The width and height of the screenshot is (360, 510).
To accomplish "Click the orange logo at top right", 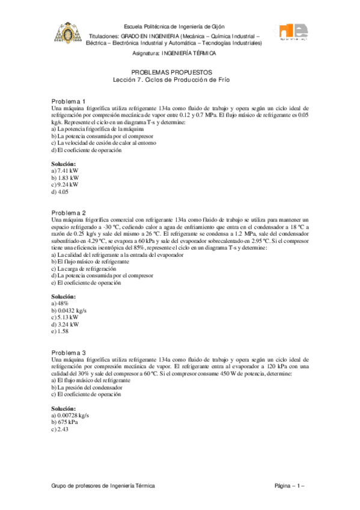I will (290, 35).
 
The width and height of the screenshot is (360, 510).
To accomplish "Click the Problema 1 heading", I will (69, 100).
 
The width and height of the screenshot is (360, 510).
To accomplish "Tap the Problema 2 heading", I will (69, 213).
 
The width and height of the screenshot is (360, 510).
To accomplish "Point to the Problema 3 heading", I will (69, 352).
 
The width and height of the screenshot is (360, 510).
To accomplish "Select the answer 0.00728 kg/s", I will (73, 416).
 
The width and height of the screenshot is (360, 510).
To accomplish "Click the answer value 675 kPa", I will (67, 422).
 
